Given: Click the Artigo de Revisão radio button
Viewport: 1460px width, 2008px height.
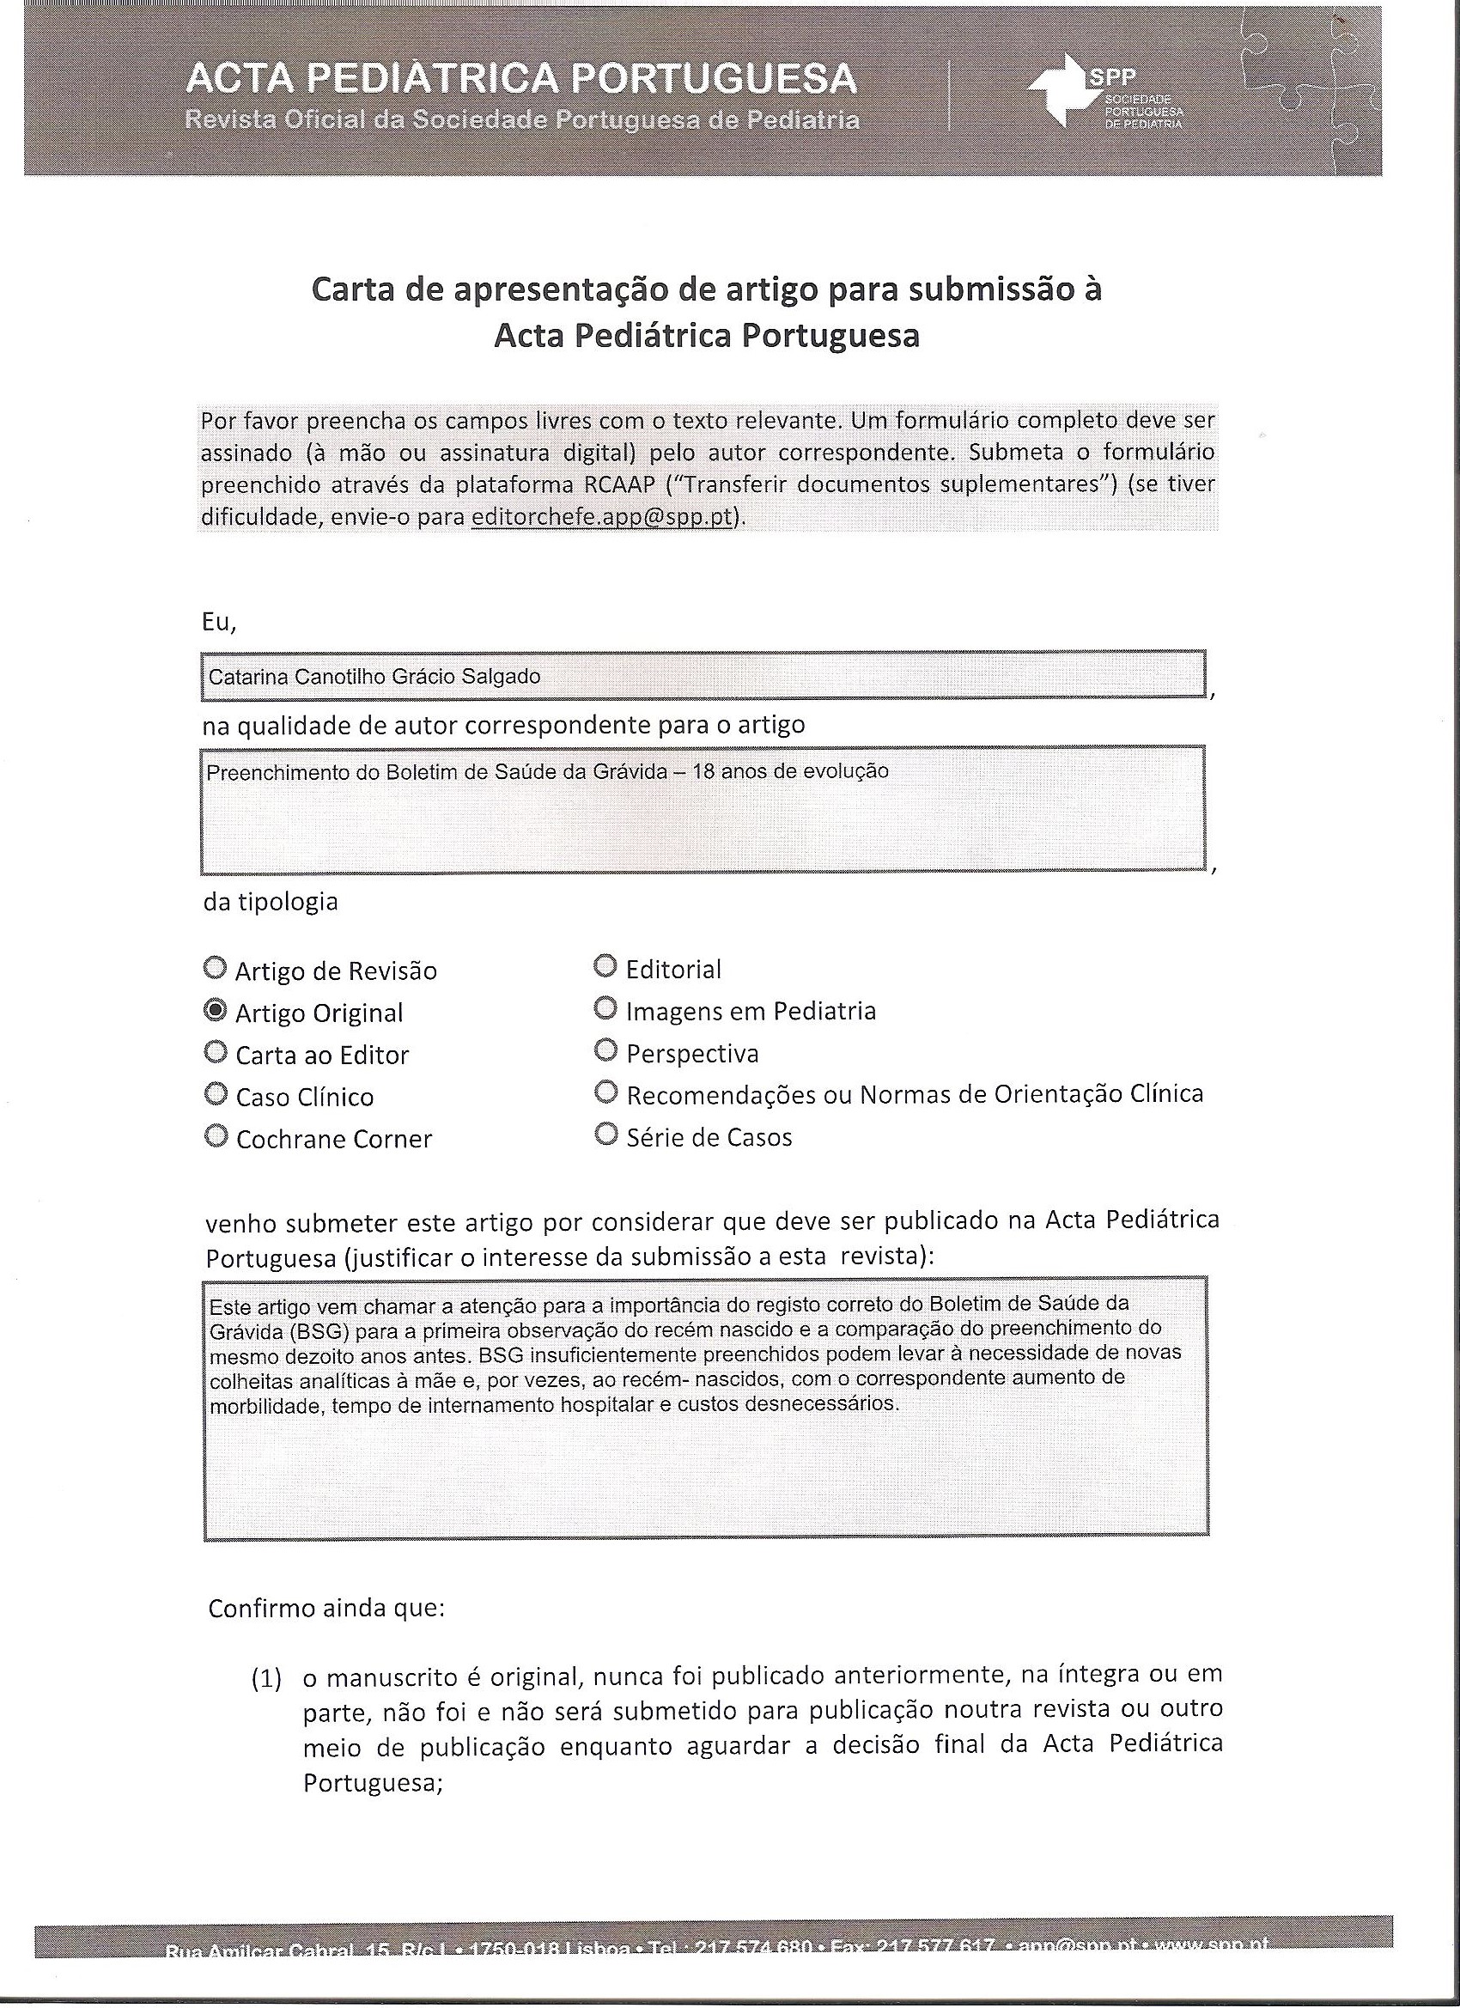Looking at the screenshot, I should click(x=214, y=969).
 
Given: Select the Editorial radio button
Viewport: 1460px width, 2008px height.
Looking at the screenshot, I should click(x=605, y=966).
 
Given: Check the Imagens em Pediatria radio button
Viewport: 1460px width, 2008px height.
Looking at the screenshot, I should click(x=605, y=1007).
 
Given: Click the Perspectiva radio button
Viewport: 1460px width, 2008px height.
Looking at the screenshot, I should click(x=605, y=1050).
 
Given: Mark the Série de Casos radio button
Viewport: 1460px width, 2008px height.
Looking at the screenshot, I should click(x=605, y=1135).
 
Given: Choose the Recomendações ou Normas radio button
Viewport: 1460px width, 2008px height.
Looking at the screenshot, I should click(x=605, y=1092).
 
